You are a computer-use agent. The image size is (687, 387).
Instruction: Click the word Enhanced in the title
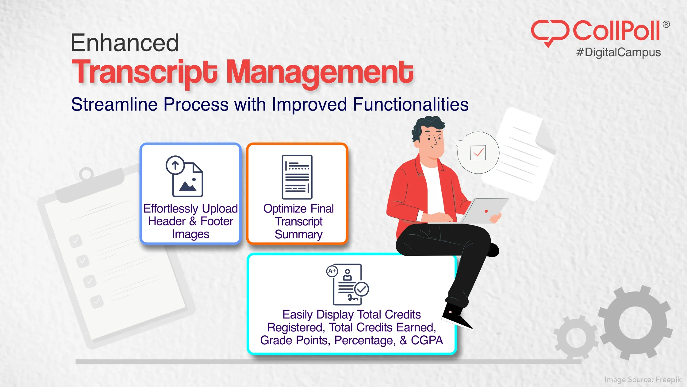(x=125, y=43)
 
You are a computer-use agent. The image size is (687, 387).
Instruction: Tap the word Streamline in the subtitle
(x=114, y=104)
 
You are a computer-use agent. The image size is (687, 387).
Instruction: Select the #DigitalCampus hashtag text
(x=618, y=52)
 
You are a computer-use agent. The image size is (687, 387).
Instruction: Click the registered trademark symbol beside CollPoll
(x=666, y=25)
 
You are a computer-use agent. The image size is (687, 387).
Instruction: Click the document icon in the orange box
(x=297, y=177)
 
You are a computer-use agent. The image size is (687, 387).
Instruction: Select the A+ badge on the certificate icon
(x=332, y=271)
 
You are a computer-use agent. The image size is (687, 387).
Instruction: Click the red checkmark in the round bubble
(x=478, y=152)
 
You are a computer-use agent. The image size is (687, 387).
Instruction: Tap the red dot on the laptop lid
(x=486, y=211)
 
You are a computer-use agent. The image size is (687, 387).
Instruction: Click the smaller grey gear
(x=576, y=338)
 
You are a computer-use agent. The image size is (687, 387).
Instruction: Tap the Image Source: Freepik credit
(x=642, y=380)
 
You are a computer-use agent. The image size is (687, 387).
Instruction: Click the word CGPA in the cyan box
(x=427, y=340)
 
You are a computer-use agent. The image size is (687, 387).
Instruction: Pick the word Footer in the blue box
(x=217, y=221)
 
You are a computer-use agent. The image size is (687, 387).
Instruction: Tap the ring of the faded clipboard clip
(x=86, y=174)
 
